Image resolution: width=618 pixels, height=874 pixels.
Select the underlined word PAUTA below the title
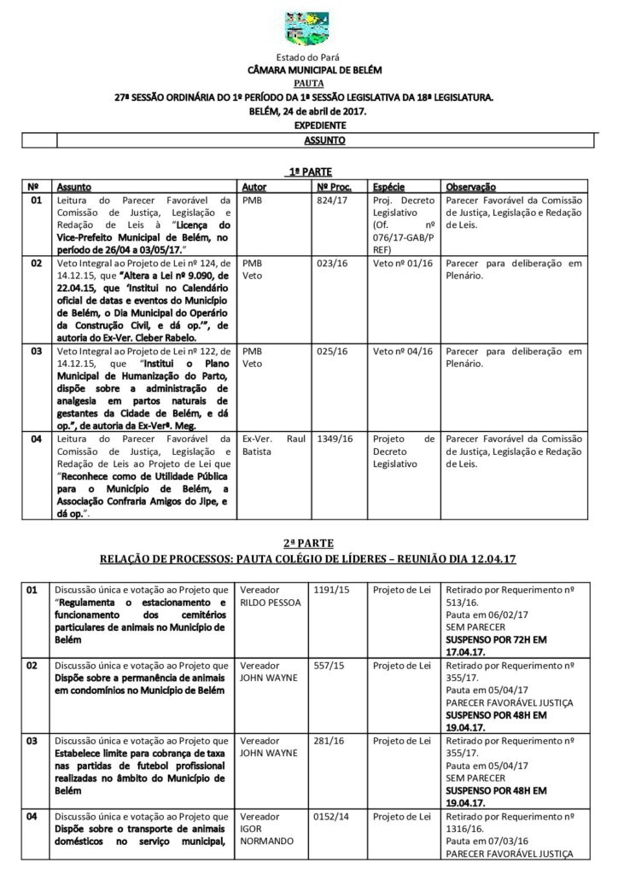[x=308, y=84]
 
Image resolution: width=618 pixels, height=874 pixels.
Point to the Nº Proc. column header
[x=334, y=186]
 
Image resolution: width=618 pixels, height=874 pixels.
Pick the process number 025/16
[x=330, y=351]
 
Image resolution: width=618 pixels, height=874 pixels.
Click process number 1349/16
[x=334, y=438]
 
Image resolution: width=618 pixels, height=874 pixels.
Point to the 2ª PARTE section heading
[x=309, y=543]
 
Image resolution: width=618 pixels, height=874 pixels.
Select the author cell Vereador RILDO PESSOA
[x=265, y=596]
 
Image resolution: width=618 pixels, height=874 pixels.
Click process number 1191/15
[x=328, y=590]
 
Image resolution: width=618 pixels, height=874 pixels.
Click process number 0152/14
[x=328, y=818]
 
